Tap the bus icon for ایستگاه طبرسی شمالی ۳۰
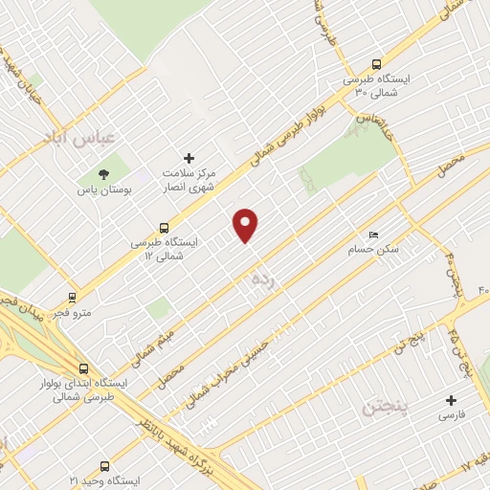pos(377,58)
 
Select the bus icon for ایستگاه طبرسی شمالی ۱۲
pos(165,229)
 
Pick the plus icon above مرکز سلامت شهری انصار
pos(189,158)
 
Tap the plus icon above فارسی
pos(453,400)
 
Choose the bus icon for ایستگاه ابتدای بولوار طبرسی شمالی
pos(84,367)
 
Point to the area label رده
pos(261,280)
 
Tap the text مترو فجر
pos(48,314)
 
